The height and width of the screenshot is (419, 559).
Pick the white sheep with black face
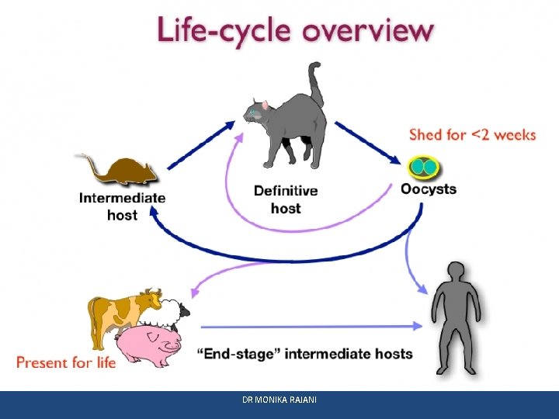click(172, 313)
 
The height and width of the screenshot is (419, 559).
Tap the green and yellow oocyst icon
click(424, 166)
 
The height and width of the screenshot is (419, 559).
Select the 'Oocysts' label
click(428, 189)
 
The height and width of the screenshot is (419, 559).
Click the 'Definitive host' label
click(286, 199)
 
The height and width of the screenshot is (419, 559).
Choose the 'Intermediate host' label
click(122, 206)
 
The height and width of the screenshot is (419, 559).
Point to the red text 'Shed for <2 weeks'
click(472, 135)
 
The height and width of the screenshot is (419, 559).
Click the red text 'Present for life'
click(66, 362)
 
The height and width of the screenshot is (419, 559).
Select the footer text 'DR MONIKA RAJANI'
click(279, 400)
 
